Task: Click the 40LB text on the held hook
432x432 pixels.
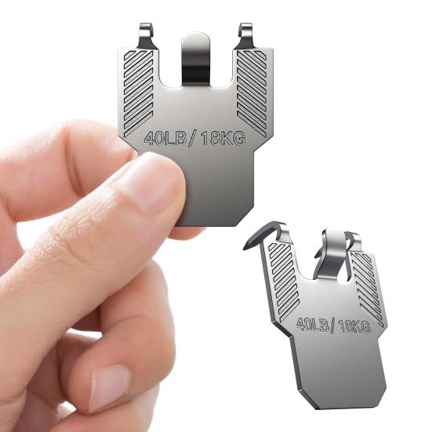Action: [165, 138]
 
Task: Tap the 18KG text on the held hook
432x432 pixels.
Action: [223, 138]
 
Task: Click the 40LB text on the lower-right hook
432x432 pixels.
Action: [313, 324]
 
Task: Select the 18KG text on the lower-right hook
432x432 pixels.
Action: [354, 326]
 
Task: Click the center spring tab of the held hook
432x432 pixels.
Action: [196, 60]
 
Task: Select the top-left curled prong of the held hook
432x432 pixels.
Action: [146, 36]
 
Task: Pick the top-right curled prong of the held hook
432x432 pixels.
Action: [245, 36]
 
